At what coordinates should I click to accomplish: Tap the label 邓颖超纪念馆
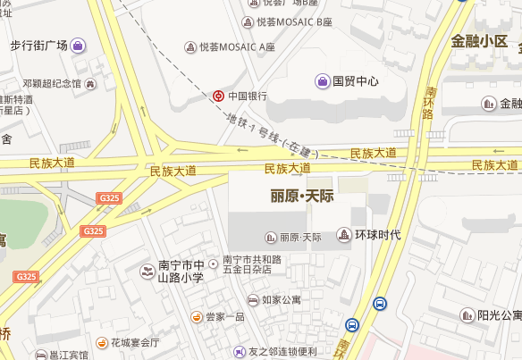pyautogui.click(x=53, y=84)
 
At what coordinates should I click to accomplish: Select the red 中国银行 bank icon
pyautogui.click(x=218, y=96)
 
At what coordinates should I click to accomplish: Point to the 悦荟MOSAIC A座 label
pyautogui.click(x=237, y=46)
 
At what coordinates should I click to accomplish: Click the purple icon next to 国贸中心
pyautogui.click(x=322, y=81)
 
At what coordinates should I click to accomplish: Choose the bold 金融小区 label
pyautogui.click(x=479, y=41)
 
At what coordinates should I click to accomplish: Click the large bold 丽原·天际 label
pyautogui.click(x=301, y=197)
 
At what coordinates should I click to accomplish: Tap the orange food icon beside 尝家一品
pyautogui.click(x=196, y=316)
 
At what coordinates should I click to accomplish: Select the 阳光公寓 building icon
pyautogui.click(x=467, y=314)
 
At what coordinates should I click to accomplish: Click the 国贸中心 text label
pyautogui.click(x=356, y=81)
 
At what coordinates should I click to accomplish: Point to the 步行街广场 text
pyautogui.click(x=39, y=45)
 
